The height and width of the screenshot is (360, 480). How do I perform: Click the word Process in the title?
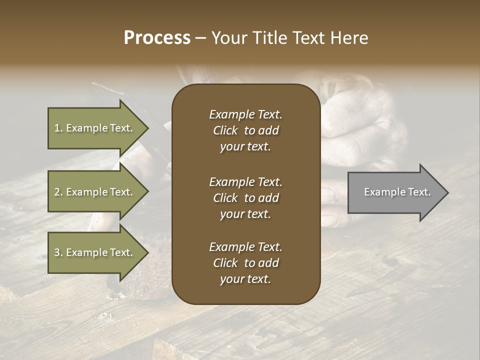point(157,37)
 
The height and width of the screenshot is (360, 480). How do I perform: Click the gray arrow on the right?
point(395,192)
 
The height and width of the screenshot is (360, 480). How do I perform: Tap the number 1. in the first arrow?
point(58,128)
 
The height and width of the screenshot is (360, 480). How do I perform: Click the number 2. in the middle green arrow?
point(58,192)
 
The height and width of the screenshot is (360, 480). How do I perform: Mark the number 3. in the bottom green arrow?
point(58,252)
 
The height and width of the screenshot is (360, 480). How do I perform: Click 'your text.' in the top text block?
point(245,147)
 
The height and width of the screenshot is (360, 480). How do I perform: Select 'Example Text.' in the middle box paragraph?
point(245,182)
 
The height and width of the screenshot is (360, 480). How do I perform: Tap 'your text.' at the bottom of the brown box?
point(245,279)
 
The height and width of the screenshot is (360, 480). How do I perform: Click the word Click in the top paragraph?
point(225,131)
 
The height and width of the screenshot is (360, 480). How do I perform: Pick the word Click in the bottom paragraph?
point(225,263)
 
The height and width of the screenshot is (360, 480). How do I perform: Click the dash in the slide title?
point(200,38)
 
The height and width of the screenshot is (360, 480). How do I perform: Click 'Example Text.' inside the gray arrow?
point(397,192)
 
